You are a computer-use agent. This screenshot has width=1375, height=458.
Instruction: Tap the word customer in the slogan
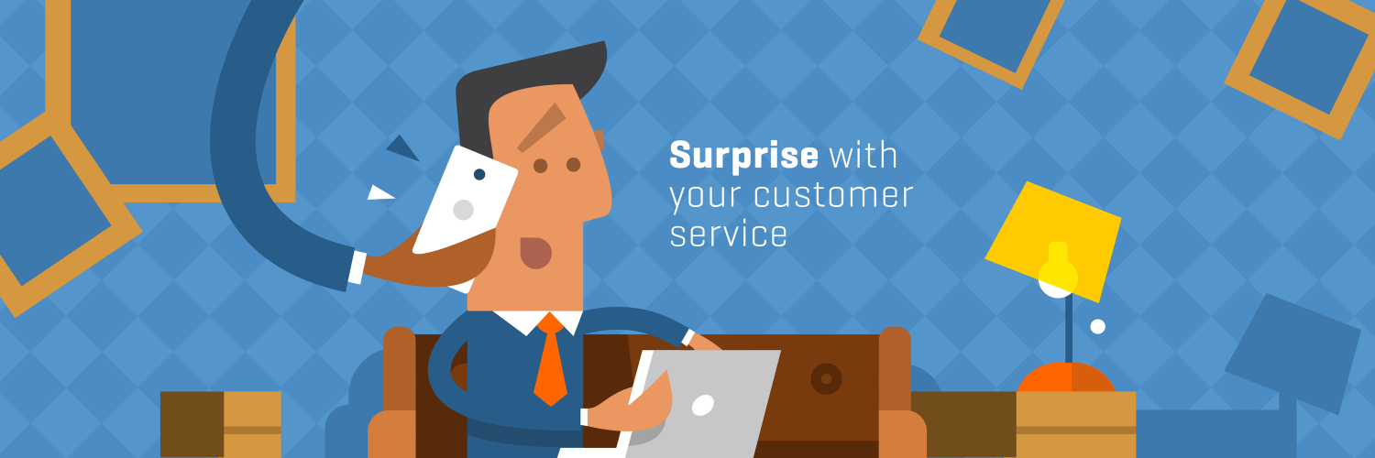coord(833,195)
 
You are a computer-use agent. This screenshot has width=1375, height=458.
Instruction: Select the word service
coord(728,234)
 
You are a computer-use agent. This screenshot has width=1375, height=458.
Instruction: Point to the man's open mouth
coord(536,253)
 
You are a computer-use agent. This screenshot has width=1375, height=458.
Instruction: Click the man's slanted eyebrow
coord(542,127)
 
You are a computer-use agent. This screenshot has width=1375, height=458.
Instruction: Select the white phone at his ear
coord(465,201)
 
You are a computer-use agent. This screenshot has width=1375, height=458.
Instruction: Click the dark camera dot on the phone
coord(479,174)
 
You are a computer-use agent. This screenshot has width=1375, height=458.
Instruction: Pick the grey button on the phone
coord(464,210)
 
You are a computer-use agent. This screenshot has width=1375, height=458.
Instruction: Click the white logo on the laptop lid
coord(703,405)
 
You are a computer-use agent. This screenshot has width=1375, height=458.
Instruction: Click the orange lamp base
coord(1065,377)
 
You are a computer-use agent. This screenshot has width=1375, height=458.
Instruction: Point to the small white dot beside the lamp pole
coord(1097,326)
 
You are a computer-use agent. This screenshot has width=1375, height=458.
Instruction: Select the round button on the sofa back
coord(826,378)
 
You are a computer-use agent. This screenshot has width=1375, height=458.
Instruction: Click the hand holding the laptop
coord(632,406)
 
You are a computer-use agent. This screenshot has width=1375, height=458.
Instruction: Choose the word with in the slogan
coord(863,156)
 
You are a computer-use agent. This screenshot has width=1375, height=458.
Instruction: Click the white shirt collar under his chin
coord(537,321)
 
